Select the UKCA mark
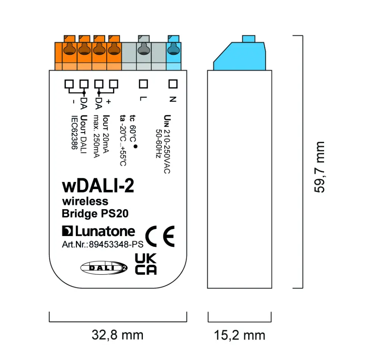pos(145,264)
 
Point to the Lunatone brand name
pos(99,231)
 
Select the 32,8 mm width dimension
pos(117,335)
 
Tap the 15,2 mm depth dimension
pos(239,335)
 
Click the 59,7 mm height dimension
pos(319,167)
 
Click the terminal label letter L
pos(143,99)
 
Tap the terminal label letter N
pos(172,99)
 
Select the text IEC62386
pos(73,132)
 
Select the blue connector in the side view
pos(240,55)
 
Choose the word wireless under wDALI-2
pos(85,201)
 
